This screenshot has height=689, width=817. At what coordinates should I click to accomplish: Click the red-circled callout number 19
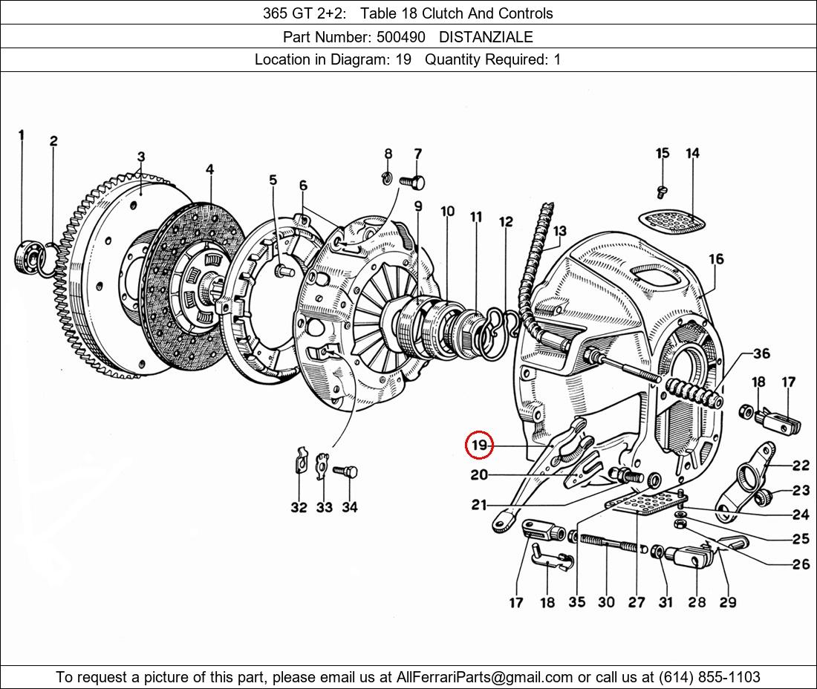point(479,445)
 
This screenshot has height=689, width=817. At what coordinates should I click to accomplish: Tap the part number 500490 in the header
point(400,37)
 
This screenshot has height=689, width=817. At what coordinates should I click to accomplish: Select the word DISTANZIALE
point(486,37)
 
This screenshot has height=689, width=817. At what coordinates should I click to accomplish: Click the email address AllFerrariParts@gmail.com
point(484,677)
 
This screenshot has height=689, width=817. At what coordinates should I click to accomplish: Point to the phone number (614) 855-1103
point(709,677)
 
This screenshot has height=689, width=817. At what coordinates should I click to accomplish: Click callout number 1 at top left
point(22,135)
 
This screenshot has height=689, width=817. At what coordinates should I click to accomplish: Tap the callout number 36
point(761,353)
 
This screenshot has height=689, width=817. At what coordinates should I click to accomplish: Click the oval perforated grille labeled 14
point(673,221)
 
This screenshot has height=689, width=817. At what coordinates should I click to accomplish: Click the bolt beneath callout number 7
point(412,183)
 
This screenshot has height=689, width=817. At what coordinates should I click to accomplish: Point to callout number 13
point(559,231)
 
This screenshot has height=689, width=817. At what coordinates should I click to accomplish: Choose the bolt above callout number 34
point(345,472)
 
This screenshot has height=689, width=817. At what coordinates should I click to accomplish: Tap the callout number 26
point(801,564)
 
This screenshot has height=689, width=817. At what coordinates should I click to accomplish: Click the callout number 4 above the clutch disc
point(209,169)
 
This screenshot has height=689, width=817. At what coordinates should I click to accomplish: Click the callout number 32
point(299,507)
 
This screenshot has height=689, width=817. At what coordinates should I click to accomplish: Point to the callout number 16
point(716,259)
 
